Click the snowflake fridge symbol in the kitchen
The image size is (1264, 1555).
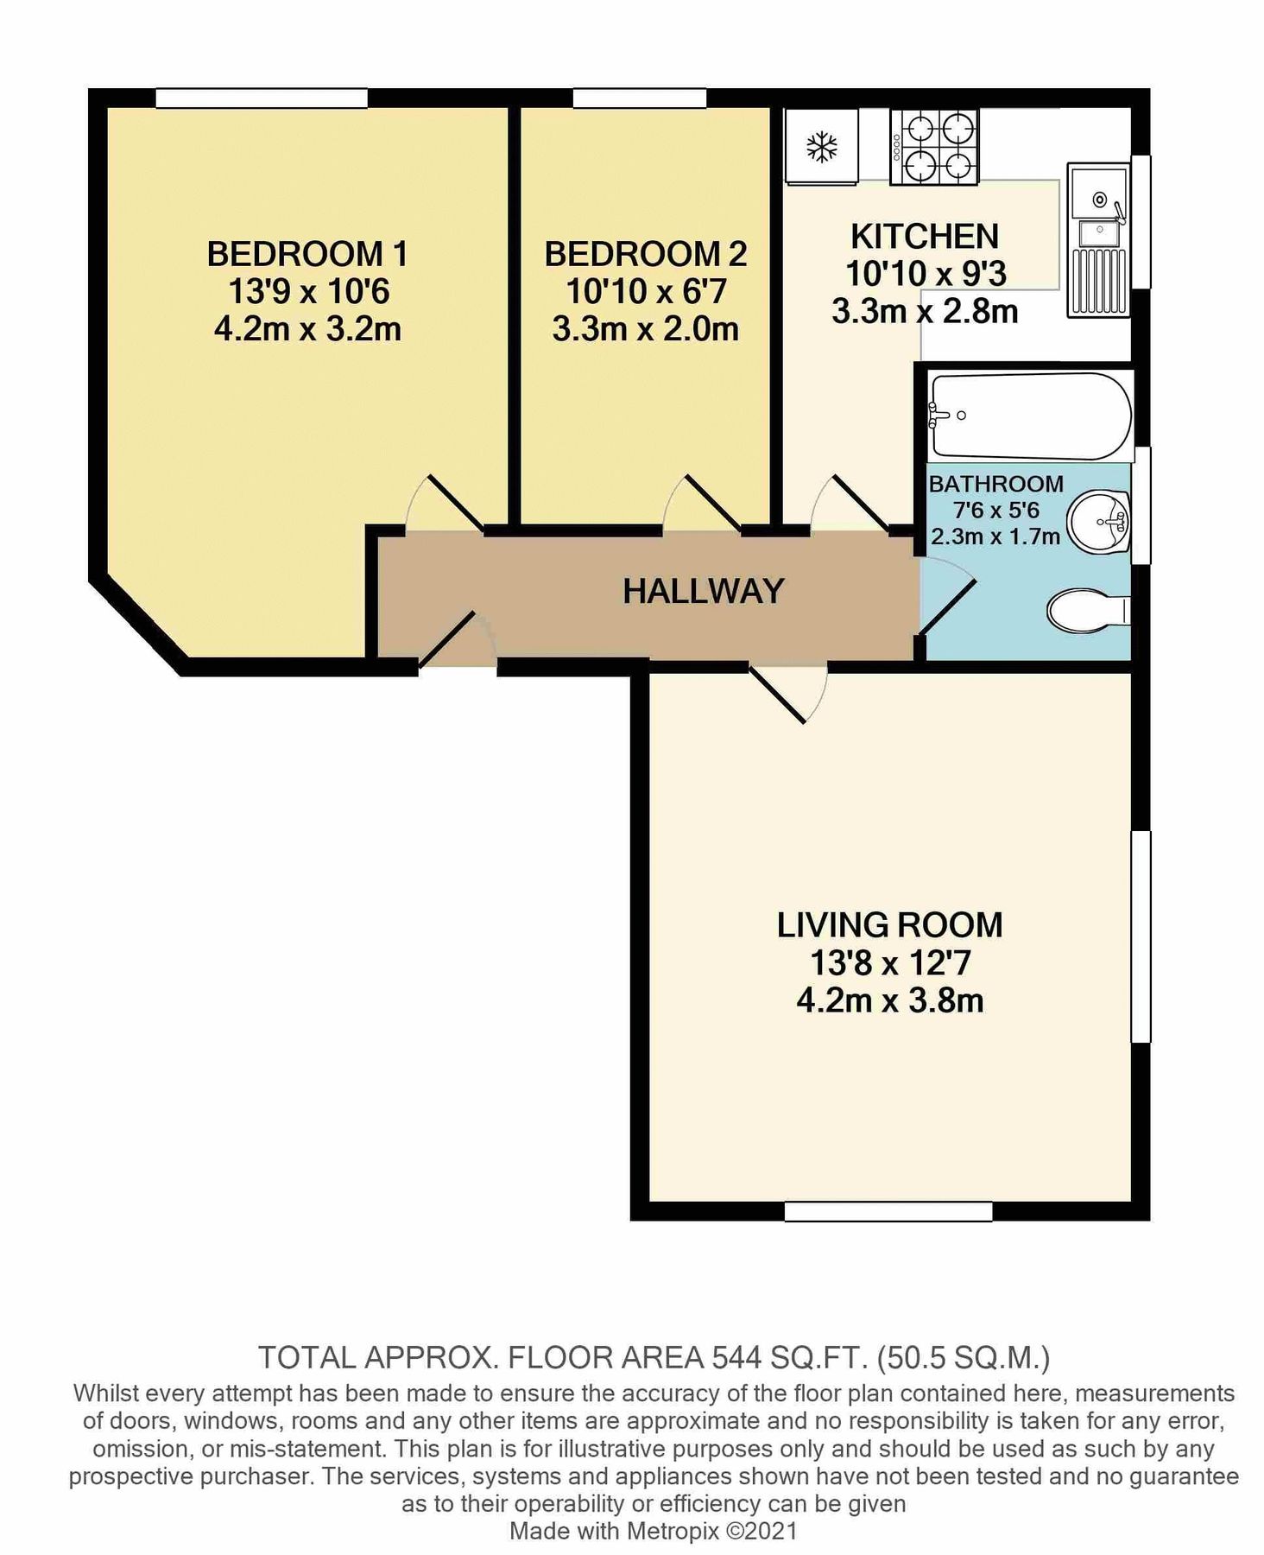[821, 147]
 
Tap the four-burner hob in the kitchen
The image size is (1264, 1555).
[935, 147]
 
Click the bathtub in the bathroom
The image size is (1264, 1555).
[1030, 416]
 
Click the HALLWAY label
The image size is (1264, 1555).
[704, 591]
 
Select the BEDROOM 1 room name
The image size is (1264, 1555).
[307, 254]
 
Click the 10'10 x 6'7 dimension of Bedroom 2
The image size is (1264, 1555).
[646, 292]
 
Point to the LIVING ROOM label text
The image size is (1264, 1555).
[889, 925]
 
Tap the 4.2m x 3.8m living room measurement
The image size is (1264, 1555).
[889, 1001]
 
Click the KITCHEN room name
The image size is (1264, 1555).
[925, 236]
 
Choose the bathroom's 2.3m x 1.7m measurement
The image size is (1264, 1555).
[995, 536]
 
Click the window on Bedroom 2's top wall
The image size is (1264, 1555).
[640, 98]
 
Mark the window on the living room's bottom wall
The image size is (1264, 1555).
[888, 1211]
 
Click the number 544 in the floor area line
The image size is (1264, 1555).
[736, 1359]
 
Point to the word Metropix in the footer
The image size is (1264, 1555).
[670, 1532]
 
